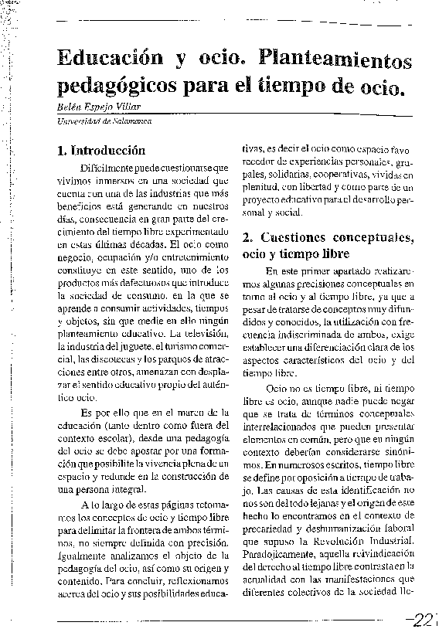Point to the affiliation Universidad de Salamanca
coord(103,121)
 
